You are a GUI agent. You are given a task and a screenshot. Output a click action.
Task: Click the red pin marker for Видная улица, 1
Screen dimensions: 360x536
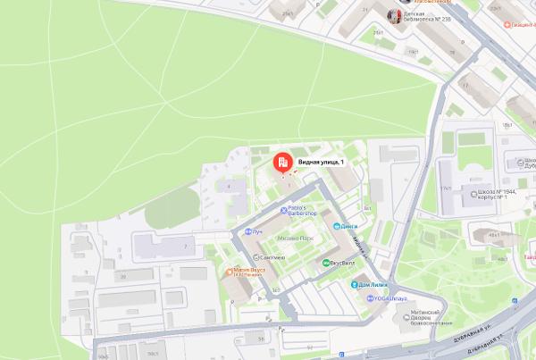[281, 163]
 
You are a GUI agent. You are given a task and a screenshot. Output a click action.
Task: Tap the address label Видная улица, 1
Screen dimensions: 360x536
[321, 161]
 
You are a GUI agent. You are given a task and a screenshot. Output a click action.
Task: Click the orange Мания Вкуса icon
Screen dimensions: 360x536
[231, 270]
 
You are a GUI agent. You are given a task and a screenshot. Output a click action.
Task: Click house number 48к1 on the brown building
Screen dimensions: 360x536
[492, 235]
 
